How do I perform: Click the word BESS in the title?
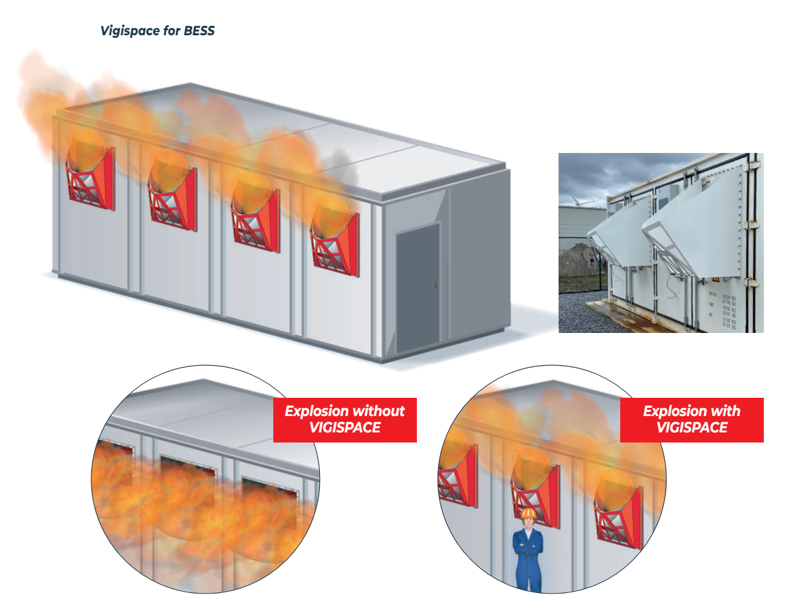pyautogui.click(x=199, y=31)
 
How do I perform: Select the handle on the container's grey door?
pyautogui.click(x=435, y=286)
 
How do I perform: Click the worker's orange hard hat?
pyautogui.click(x=528, y=514)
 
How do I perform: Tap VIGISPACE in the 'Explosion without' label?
pyautogui.click(x=345, y=428)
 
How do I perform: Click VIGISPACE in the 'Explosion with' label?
pyautogui.click(x=691, y=428)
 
